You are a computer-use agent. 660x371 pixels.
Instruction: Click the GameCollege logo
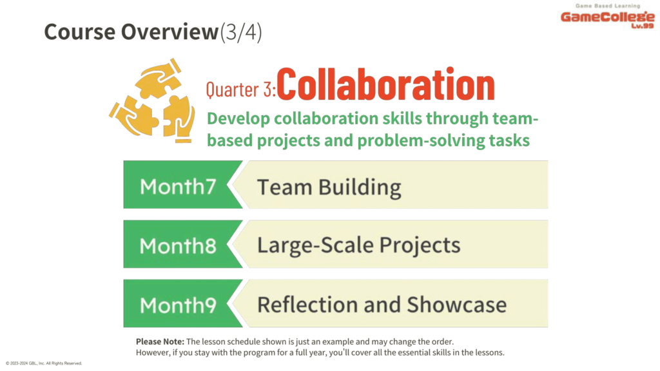coord(607,16)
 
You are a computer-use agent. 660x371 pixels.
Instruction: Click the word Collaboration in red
coord(385,84)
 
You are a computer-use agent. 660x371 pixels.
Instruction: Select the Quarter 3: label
coord(240,90)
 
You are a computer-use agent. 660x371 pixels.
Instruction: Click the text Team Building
coord(329,187)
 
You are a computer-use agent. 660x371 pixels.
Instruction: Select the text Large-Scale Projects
coord(358,245)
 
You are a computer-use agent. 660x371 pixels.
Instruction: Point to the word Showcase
coord(457,305)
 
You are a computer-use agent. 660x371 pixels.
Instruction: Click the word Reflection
coord(308,305)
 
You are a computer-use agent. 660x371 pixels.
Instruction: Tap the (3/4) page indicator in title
coord(241,32)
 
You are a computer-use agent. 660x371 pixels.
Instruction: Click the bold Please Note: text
coord(160,341)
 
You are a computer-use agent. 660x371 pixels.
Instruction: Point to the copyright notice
coord(44,363)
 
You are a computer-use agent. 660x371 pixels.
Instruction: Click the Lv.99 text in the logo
coord(643,26)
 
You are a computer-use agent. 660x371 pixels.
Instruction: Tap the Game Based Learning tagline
coord(608,6)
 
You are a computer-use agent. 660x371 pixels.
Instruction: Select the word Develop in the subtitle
coord(238,119)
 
